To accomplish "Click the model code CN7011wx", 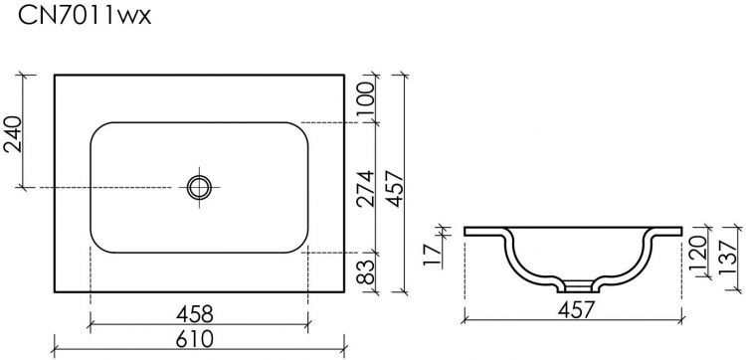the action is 85,16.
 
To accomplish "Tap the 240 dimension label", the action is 13,134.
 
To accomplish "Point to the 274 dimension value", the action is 365,189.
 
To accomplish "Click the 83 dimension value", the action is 365,271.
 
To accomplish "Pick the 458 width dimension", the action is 195,314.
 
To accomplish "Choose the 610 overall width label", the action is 195,339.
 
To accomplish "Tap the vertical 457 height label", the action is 395,189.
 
